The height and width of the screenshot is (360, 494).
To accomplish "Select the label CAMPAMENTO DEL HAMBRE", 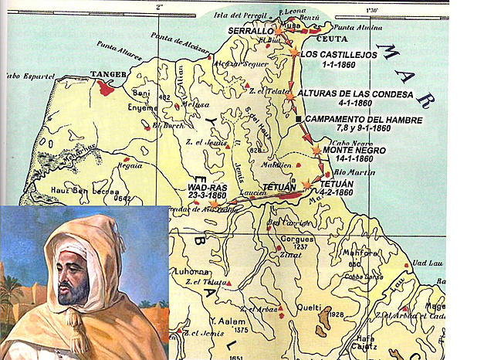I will coord(364,120).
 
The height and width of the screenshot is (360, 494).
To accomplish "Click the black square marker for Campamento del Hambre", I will coord(298,120).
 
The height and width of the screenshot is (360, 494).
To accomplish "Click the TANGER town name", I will coord(107,75).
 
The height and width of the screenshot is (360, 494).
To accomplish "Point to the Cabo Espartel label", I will coord(22,76).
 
